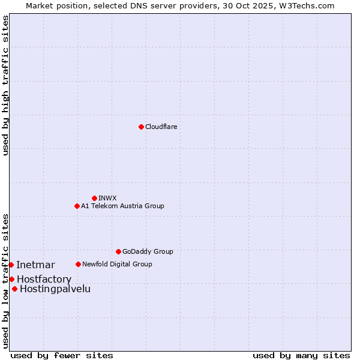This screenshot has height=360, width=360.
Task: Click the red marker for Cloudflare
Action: [x=141, y=127]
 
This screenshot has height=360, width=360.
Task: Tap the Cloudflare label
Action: [x=161, y=127]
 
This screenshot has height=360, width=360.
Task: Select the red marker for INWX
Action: [x=94, y=198]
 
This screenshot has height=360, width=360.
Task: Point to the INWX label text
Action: [x=107, y=198]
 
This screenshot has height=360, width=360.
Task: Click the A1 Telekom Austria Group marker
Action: [x=77, y=206]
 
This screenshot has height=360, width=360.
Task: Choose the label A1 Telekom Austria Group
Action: [x=122, y=206]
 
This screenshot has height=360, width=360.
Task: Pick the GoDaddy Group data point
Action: [x=118, y=251]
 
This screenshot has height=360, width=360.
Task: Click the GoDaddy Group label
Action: [x=148, y=251]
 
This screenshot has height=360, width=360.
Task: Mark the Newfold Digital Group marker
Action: [x=78, y=264]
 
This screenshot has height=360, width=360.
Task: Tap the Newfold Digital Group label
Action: [x=117, y=264]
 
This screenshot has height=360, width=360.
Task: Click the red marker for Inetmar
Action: [x=11, y=265]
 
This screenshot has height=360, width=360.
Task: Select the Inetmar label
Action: [x=35, y=265]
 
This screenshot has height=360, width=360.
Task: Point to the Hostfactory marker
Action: [x=11, y=279]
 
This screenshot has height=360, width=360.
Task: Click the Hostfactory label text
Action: [x=44, y=280]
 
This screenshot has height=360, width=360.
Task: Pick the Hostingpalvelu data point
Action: [x=14, y=289]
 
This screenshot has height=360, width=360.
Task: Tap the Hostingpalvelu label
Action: [x=55, y=289]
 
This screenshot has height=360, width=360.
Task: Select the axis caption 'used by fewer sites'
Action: [x=62, y=355]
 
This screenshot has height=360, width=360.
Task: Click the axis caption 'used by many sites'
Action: [x=301, y=355]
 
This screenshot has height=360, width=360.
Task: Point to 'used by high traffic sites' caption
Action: [x=5, y=85]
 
